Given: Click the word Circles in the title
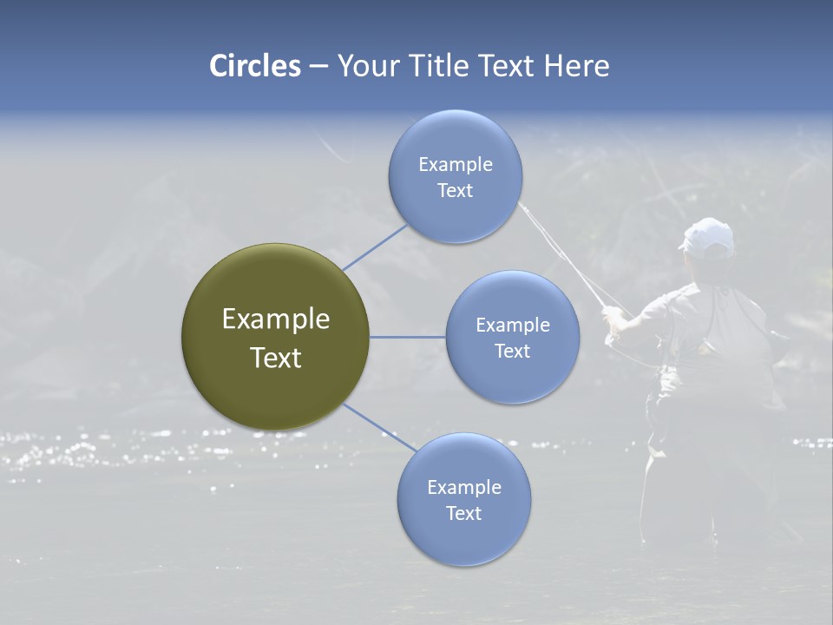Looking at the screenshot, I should [x=255, y=66].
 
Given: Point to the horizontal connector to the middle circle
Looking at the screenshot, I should [x=407, y=337].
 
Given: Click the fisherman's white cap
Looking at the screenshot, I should [x=707, y=236].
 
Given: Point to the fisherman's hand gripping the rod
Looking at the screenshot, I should [x=613, y=319].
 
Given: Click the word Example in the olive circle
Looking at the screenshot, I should [x=275, y=319].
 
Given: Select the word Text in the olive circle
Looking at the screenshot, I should [x=275, y=358].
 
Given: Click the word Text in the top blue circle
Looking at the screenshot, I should [x=455, y=191].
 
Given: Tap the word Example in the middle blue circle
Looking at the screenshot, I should [x=512, y=326].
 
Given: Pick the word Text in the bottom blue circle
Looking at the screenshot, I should [x=463, y=514].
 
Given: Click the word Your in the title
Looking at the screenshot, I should [x=365, y=66].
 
